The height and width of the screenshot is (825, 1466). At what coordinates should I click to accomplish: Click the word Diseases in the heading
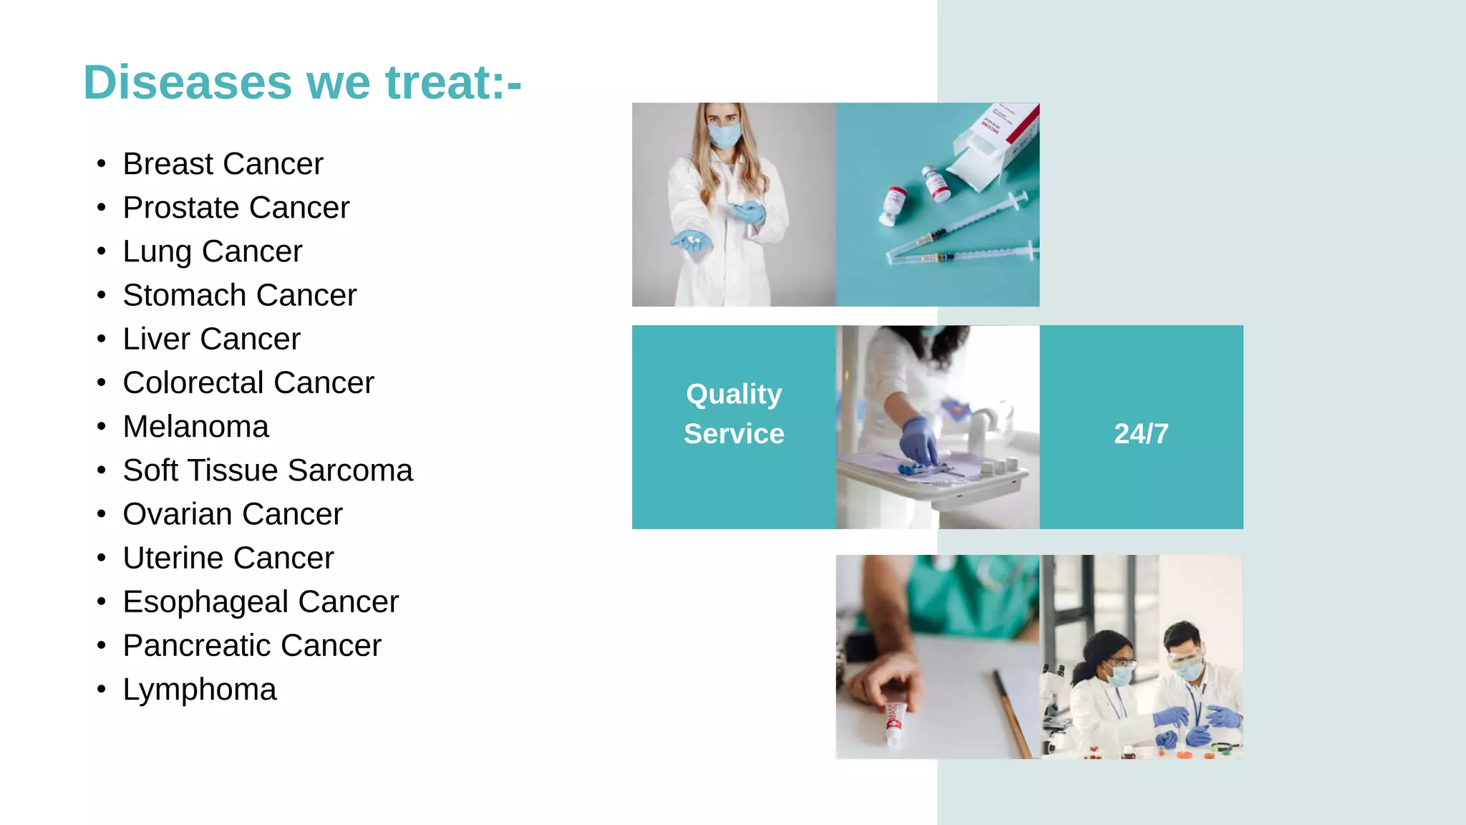point(188,82)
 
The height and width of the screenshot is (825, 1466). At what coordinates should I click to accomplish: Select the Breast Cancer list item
point(223,164)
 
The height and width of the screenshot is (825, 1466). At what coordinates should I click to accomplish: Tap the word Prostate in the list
point(181,208)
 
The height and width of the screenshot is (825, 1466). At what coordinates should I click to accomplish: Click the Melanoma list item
point(195,427)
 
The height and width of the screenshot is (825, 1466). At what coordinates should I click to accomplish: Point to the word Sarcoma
point(350,471)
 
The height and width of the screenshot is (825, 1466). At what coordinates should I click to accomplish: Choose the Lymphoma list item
point(199,690)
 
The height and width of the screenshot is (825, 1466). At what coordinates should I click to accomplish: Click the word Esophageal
point(205,602)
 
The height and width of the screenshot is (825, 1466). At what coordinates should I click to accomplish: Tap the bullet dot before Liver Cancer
point(102,339)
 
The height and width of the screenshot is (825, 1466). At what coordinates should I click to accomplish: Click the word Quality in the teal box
point(734,394)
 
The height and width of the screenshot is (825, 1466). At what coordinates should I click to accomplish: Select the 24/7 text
point(1141,433)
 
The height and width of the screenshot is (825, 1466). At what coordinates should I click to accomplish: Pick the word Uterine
point(173,558)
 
